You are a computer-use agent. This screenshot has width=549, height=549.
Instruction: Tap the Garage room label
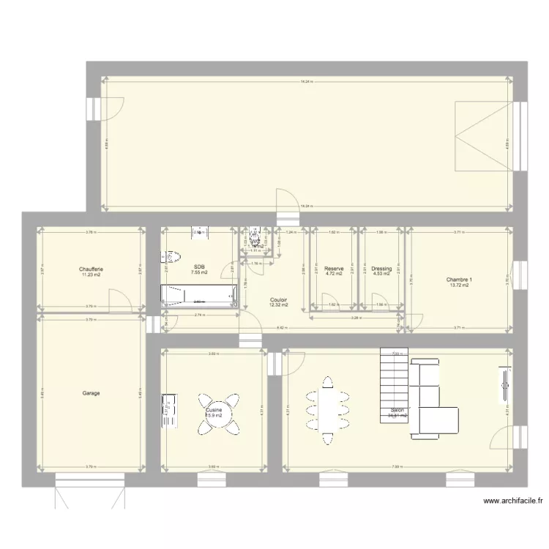coord(91,393)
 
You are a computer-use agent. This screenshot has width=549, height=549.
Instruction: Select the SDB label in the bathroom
coord(199,267)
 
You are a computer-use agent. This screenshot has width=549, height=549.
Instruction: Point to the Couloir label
coord(278,299)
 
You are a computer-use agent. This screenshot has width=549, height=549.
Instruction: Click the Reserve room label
coord(334,269)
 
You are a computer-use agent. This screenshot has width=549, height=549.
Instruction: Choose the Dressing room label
coord(381,269)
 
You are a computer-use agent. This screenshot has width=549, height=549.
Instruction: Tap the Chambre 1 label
coord(460,280)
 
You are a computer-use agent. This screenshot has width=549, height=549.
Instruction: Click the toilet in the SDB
coord(171,257)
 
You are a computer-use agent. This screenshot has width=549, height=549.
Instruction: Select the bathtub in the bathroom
coord(199,296)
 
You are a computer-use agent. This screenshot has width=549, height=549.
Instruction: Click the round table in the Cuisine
coord(217,411)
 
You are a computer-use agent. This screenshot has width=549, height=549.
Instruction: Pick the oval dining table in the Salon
coord(328,409)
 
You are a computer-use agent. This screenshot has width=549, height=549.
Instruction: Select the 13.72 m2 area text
coord(460,285)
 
